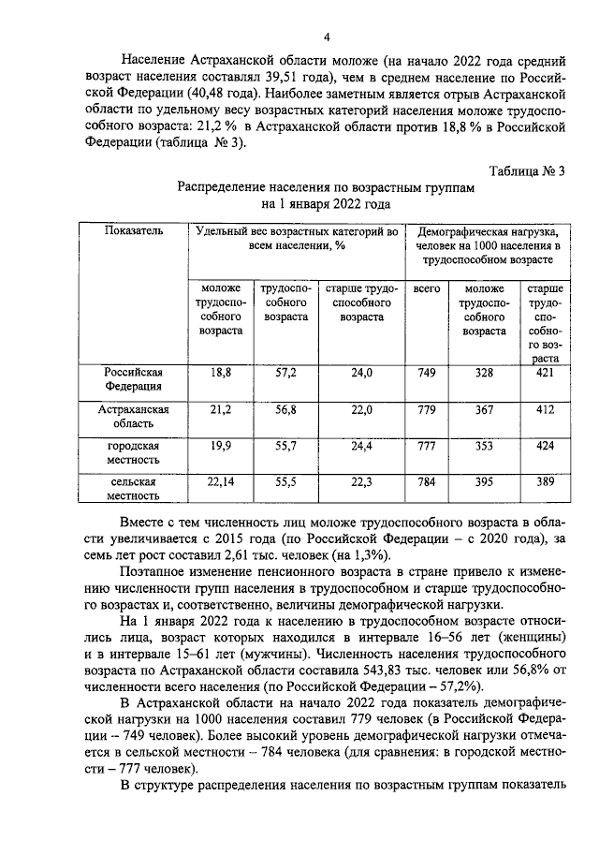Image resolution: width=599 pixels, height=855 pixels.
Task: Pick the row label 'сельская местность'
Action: pyautogui.click(x=134, y=487)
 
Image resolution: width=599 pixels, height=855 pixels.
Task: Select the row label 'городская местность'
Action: pyautogui.click(x=134, y=452)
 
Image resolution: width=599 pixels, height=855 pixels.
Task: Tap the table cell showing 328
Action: pyautogui.click(x=484, y=372)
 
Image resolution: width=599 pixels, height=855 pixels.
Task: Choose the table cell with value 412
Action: pyautogui.click(x=545, y=409)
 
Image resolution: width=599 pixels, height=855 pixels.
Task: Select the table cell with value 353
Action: pyautogui.click(x=484, y=445)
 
